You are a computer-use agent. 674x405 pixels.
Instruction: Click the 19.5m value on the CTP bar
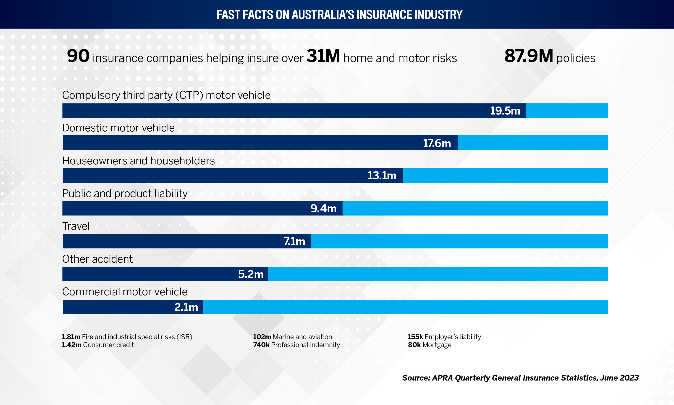point(505,111)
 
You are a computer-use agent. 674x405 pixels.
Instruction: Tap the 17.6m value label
point(437,143)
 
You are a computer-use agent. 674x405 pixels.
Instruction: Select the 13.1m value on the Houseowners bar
point(382,176)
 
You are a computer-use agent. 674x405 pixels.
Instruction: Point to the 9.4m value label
point(323,208)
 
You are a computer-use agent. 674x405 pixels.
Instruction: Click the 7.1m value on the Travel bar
point(294,241)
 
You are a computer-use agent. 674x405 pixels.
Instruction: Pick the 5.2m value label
point(251,274)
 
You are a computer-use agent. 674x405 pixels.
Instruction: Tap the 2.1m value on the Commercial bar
point(186,307)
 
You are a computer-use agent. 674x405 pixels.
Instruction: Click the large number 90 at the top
point(78,56)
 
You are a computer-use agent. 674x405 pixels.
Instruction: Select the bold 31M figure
point(323,56)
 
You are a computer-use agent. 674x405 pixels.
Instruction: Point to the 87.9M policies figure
point(528,56)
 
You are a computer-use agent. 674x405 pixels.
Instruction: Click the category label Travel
point(76,226)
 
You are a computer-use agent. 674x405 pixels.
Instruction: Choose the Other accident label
point(97,259)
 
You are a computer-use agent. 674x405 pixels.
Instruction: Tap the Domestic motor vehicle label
point(118,128)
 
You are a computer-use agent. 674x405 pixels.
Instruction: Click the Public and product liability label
point(125,194)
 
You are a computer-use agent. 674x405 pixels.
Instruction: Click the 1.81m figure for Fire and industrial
point(71,337)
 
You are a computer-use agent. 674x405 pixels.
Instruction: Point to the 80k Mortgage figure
point(414,345)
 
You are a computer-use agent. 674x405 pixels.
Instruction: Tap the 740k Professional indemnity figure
point(261,345)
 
